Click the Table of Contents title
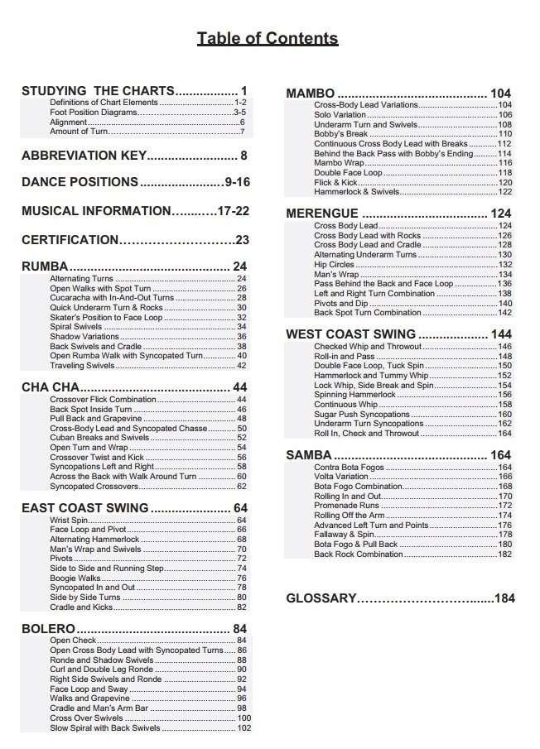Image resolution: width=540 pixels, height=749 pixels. pos(267,38)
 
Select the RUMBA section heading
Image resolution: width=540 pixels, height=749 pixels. pos(45,266)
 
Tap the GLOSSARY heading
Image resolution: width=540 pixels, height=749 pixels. pos(321,598)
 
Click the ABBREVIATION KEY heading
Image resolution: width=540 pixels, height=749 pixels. pos(84,155)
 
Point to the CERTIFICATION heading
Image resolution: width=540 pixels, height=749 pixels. pos(70,240)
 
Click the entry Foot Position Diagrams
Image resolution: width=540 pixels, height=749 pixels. pos(92,112)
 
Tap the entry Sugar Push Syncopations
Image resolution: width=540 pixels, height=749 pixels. pos(362,414)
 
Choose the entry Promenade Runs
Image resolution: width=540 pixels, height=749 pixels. pos(346,505)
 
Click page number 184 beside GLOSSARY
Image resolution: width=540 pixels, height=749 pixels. pos(504,598)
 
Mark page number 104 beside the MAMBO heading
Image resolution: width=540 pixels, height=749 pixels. pos(500,94)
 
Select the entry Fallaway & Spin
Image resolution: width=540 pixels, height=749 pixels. pos(344,535)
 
